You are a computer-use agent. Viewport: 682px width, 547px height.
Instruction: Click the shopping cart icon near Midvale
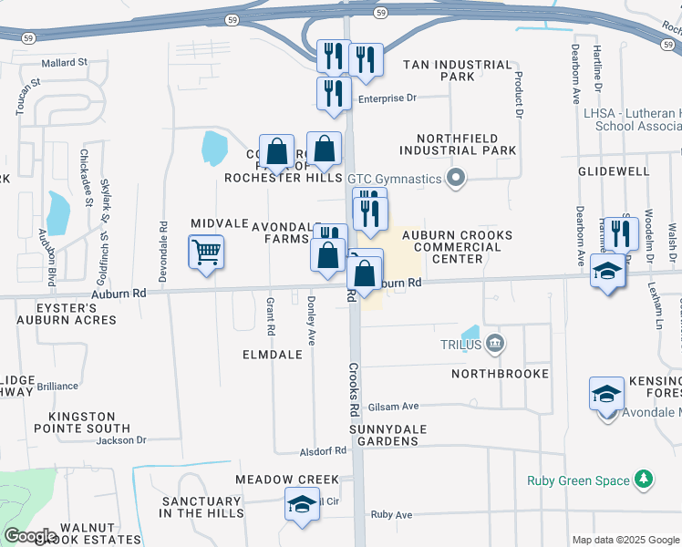coord(206,252)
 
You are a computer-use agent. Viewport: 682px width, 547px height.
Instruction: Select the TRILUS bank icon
coord(494,344)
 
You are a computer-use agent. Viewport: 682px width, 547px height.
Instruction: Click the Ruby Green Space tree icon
coord(644,480)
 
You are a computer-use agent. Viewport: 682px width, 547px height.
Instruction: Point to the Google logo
coord(30,536)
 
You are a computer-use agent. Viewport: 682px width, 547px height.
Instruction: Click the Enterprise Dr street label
coord(387,98)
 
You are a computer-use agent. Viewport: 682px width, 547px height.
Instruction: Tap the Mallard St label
coord(64,63)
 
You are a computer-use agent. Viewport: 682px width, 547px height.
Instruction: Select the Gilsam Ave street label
coord(394,407)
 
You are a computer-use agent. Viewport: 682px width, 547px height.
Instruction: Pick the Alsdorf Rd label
coord(324,450)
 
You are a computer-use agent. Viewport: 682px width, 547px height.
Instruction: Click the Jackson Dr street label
coord(121,440)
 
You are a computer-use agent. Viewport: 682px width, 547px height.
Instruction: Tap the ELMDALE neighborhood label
coord(272,354)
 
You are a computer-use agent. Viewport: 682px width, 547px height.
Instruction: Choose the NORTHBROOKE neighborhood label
coord(501,374)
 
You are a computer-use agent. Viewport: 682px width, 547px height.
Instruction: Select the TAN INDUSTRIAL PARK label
coord(457,70)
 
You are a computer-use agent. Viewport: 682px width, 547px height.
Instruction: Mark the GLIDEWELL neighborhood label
coord(613,171)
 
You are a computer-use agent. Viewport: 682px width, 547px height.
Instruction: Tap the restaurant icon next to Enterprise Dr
coord(334,92)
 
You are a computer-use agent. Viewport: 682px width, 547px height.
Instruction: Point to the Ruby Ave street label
coord(391,514)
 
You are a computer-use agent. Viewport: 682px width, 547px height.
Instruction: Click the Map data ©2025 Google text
coord(625,540)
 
